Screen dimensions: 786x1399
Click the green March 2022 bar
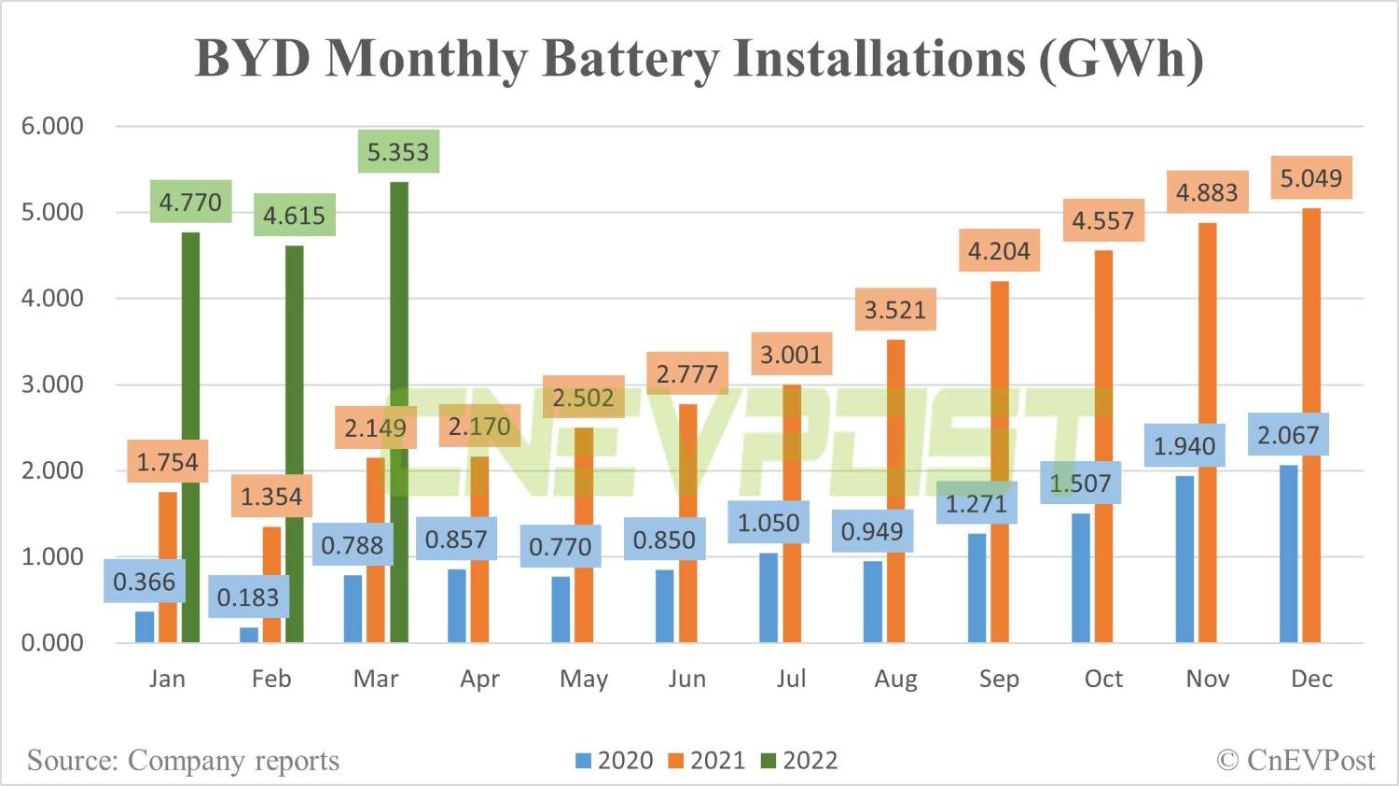tap(398, 411)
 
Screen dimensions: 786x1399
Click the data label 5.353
tap(398, 152)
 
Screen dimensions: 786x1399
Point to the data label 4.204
tap(999, 251)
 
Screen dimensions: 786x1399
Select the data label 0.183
tap(248, 597)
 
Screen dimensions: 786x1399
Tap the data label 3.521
tap(895, 310)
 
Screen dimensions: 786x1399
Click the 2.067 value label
tap(1288, 435)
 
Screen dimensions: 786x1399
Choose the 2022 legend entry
tap(800, 761)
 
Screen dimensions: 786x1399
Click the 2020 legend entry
tap(616, 761)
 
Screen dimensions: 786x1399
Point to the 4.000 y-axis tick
tap(52, 299)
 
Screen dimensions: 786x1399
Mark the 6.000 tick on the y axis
tap(52, 126)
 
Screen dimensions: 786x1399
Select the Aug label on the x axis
tap(895, 680)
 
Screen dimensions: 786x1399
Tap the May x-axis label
tap(584, 680)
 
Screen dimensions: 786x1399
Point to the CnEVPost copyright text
tap(1296, 761)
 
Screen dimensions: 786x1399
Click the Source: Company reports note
tap(183, 761)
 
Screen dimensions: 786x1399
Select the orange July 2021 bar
tap(792, 513)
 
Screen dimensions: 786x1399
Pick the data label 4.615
tap(294, 216)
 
